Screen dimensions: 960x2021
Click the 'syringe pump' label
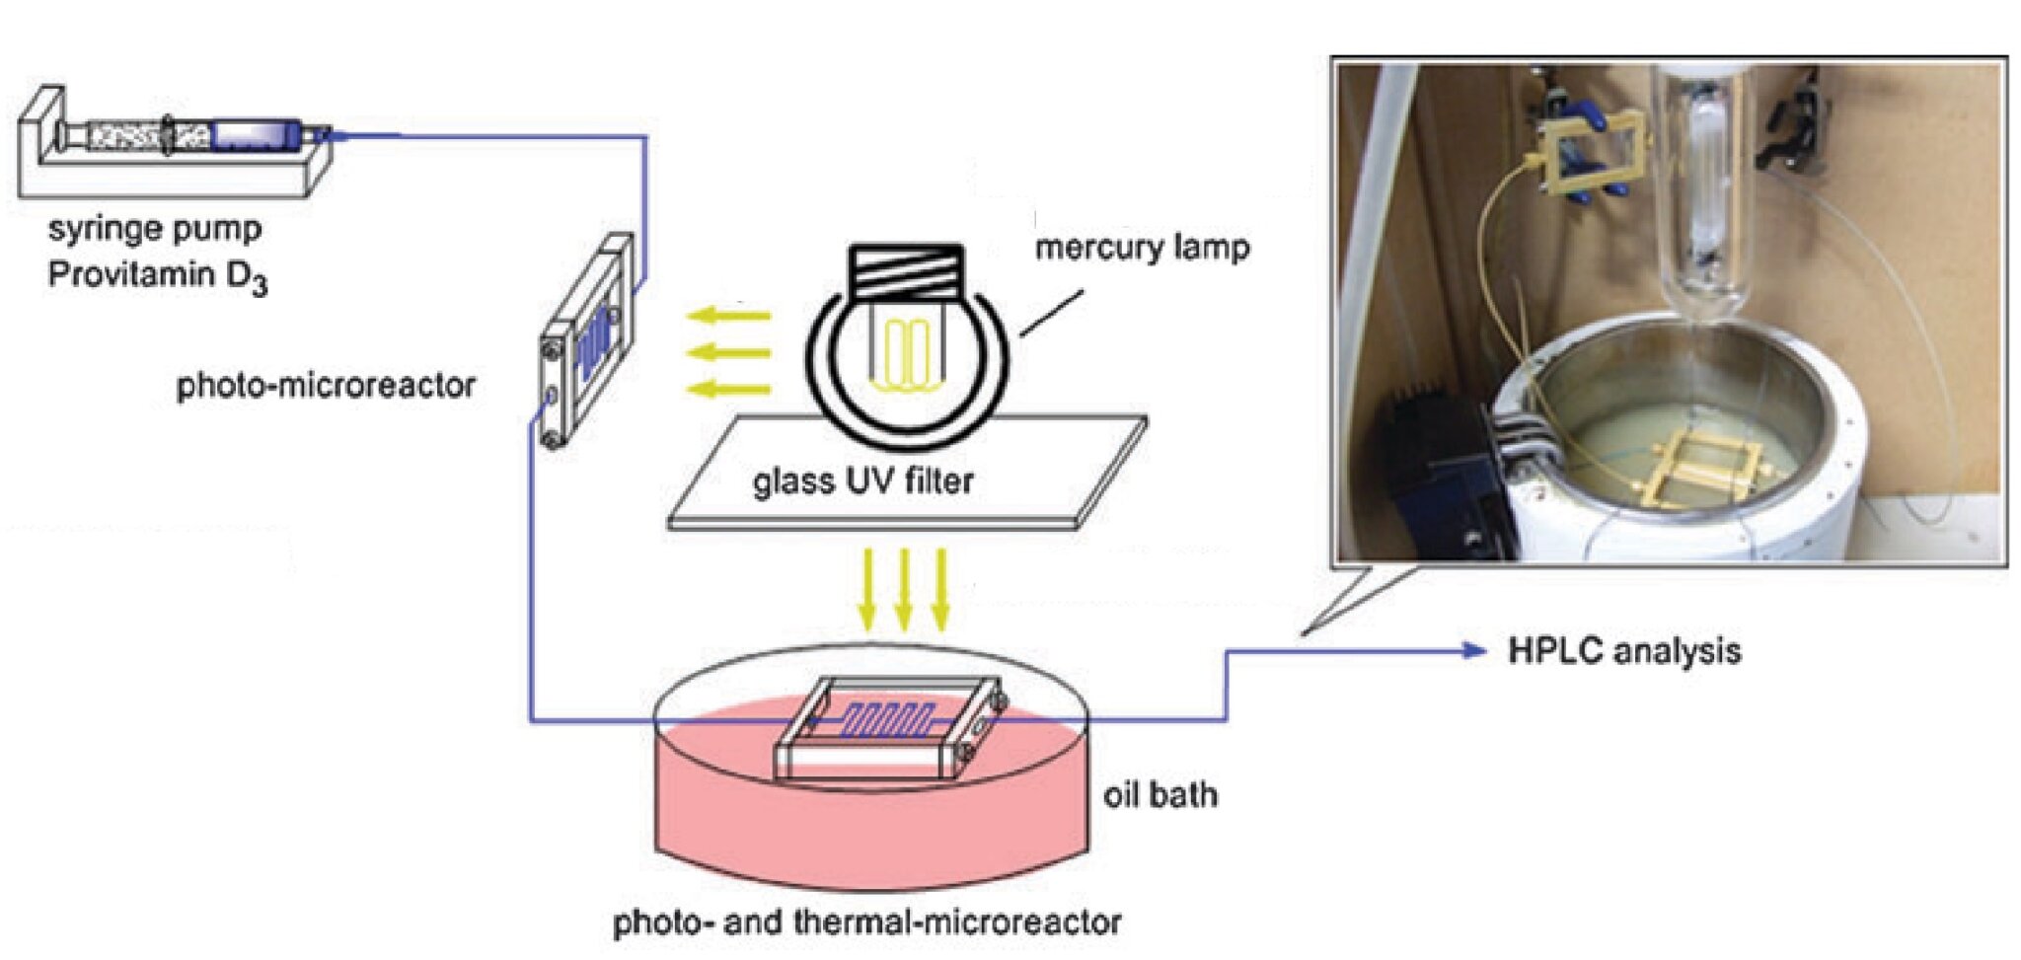[155, 230]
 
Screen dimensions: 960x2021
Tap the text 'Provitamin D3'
[157, 276]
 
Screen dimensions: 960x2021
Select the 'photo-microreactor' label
[326, 386]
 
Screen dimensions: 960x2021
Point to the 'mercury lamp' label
[1142, 248]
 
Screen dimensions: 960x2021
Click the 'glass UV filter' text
[862, 481]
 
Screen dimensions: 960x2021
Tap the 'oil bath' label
[1160, 795]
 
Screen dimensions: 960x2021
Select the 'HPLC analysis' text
[1624, 651]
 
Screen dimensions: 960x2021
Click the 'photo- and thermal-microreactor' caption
[866, 923]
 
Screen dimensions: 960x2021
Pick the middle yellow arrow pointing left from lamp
[727, 352]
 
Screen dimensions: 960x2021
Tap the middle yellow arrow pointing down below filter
[903, 588]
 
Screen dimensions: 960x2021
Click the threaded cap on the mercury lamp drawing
[905, 270]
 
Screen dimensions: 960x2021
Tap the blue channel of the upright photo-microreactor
[591, 345]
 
